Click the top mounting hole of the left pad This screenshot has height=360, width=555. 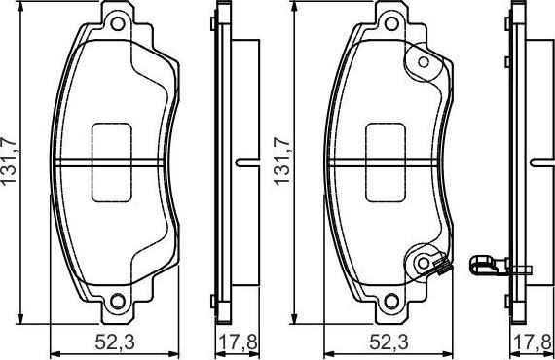tap(118, 22)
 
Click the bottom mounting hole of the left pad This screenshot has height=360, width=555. tap(118, 300)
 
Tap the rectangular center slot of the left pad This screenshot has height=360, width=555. tap(118, 162)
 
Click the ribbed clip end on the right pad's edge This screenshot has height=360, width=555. tap(441, 265)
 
